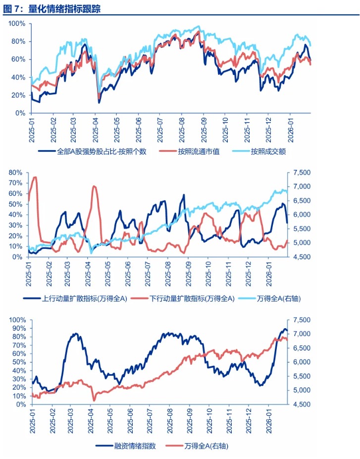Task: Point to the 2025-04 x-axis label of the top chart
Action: (95, 129)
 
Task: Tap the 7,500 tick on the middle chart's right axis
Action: (300, 172)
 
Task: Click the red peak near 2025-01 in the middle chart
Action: (35, 177)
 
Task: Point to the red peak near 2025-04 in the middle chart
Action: (94, 186)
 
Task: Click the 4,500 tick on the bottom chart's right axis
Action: (300, 404)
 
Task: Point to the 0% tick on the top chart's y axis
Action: (20, 113)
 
